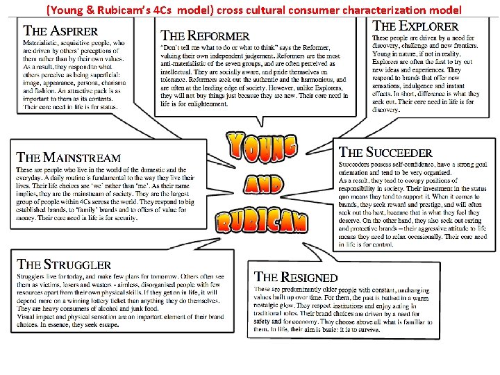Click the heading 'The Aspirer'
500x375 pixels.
(61, 31)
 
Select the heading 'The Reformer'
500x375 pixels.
(206, 35)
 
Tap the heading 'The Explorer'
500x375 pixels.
(416, 26)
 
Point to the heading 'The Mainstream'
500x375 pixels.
(69, 158)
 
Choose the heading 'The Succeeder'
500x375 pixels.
(385, 152)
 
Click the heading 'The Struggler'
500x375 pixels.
(64, 264)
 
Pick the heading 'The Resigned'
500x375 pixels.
(296, 277)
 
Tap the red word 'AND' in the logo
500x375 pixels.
(263, 184)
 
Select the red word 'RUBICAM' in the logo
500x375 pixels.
(261, 221)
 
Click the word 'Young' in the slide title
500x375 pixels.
(67, 10)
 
